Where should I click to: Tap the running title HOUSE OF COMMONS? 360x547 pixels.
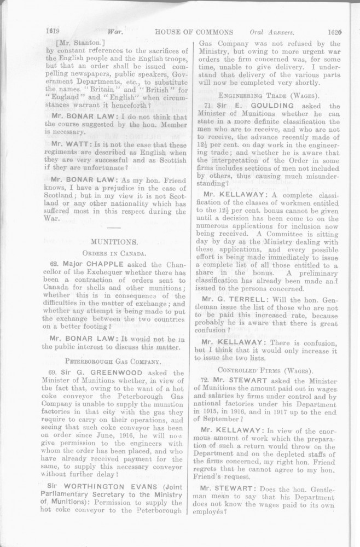tap(195, 32)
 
